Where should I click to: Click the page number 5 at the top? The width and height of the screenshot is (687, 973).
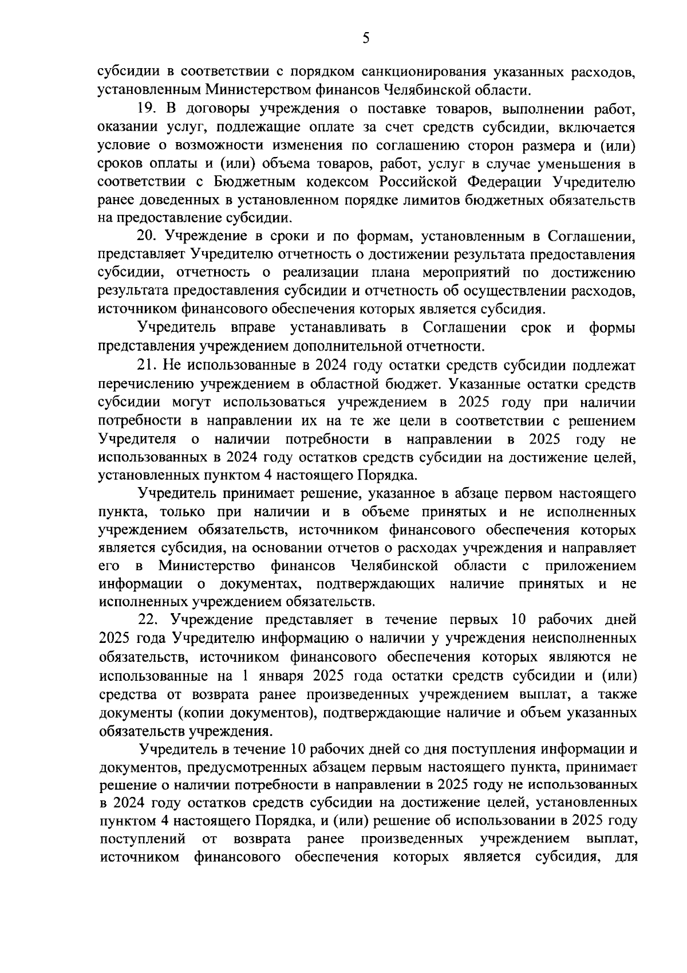pyautogui.click(x=366, y=38)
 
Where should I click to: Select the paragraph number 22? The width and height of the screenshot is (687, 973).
pyautogui.click(x=147, y=621)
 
